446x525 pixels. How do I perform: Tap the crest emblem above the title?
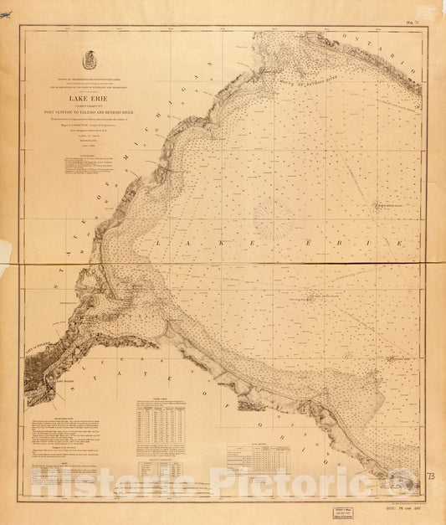90,61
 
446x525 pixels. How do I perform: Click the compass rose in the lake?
274,220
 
